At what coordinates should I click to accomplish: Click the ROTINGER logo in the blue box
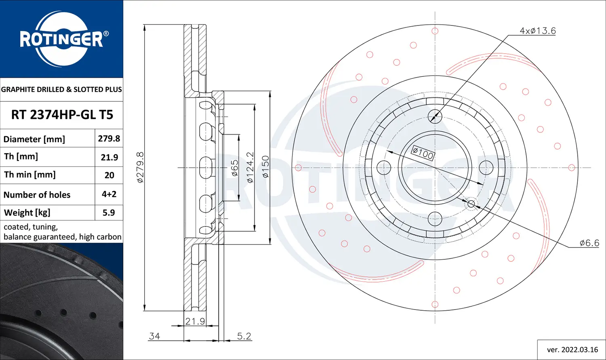[61, 39]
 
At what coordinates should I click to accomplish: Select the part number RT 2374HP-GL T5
[62, 115]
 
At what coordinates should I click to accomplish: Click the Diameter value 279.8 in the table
[109, 139]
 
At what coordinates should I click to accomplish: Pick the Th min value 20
[109, 175]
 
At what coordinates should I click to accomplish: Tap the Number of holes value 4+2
[109, 194]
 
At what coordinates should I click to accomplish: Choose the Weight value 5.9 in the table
[109, 213]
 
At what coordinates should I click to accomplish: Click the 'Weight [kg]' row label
[27, 213]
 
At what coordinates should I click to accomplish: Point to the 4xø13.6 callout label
[537, 31]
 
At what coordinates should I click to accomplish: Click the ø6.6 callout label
[589, 243]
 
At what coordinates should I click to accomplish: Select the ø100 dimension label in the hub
[423, 153]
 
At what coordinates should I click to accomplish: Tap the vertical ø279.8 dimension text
[140, 167]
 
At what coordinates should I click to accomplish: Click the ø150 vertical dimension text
[265, 167]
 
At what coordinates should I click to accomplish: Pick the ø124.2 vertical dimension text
[250, 167]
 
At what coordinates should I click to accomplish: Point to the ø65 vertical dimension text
[235, 168]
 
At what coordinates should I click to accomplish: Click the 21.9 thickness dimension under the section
[195, 321]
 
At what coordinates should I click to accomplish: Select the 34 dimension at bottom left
[154, 336]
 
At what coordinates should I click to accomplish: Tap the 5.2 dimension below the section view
[244, 336]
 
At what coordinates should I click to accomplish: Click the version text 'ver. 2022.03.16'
[572, 349]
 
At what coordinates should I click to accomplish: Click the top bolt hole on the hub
[435, 116]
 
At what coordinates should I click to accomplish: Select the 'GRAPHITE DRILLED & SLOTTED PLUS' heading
[61, 89]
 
